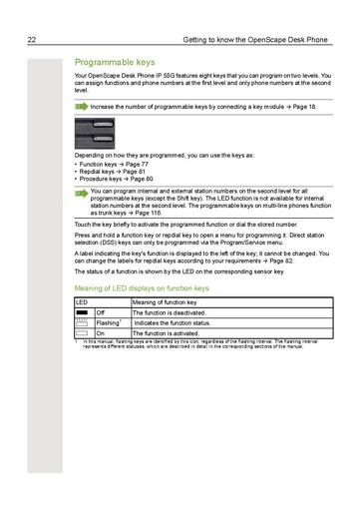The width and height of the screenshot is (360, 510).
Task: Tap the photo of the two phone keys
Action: [94, 133]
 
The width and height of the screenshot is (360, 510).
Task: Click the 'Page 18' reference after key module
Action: [319, 104]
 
